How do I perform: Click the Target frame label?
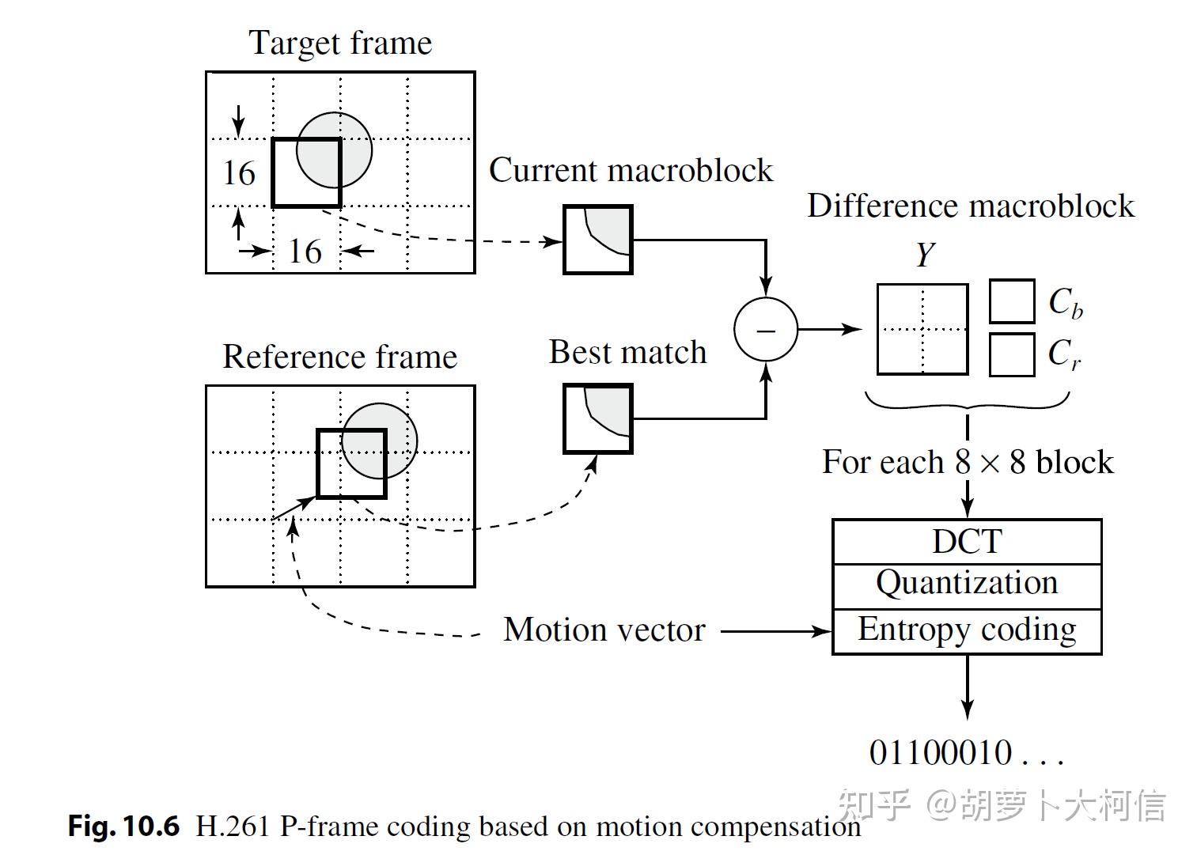(x=340, y=43)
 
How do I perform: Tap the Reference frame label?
(x=339, y=356)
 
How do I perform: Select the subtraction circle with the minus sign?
(x=765, y=329)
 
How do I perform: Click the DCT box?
(x=967, y=542)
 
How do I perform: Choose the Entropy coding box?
(x=967, y=630)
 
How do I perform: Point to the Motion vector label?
(x=604, y=630)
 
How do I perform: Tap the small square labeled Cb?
(x=1012, y=301)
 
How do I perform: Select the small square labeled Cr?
(x=1012, y=354)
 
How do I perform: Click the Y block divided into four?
(x=922, y=329)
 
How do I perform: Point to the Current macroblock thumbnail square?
(x=598, y=240)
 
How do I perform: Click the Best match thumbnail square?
(x=598, y=418)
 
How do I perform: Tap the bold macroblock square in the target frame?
(x=306, y=172)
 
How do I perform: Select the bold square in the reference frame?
(x=351, y=463)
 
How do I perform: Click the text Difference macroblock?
(x=971, y=206)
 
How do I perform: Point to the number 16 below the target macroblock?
(x=305, y=252)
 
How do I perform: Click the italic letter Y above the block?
(x=924, y=255)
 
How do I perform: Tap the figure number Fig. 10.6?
(x=123, y=826)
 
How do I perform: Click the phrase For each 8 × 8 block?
(x=967, y=462)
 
